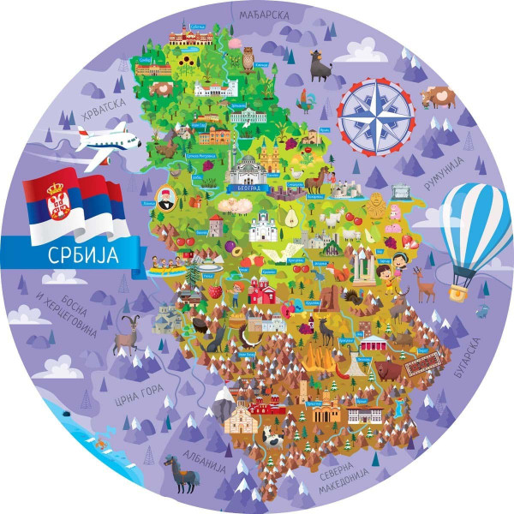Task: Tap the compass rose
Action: pyautogui.click(x=374, y=115)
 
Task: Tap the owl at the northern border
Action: pyautogui.click(x=248, y=59)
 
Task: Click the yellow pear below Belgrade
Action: pyautogui.click(x=289, y=218)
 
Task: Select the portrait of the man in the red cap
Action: pyautogui.click(x=165, y=199)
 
